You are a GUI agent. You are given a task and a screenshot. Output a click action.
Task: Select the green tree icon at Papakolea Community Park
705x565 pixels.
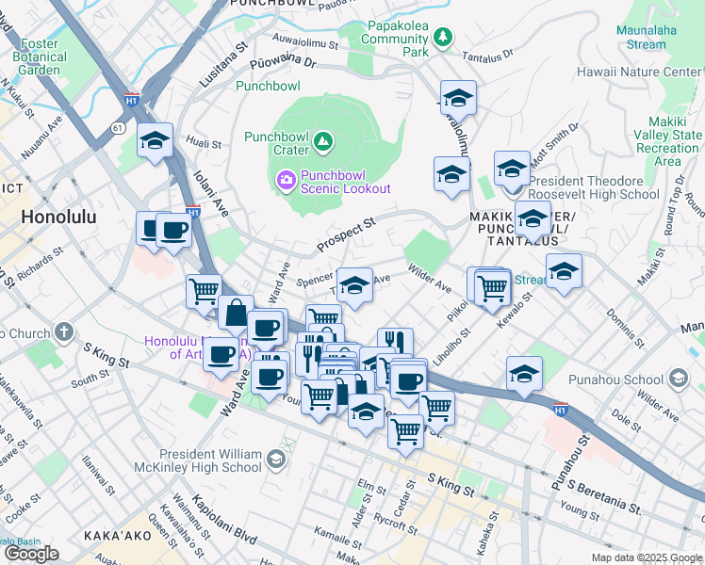pyautogui.click(x=442, y=37)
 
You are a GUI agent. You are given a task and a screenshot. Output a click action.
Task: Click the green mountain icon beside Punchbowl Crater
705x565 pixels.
pyautogui.click(x=323, y=142)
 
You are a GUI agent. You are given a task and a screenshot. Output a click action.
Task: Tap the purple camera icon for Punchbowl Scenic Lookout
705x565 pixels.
pyautogui.click(x=284, y=179)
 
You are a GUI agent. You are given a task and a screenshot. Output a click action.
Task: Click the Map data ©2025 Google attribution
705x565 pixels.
pyautogui.click(x=647, y=557)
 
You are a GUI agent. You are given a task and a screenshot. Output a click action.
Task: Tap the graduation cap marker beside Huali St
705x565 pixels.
pyautogui.click(x=155, y=141)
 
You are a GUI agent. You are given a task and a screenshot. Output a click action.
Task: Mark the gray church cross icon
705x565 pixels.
pyautogui.click(x=64, y=332)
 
